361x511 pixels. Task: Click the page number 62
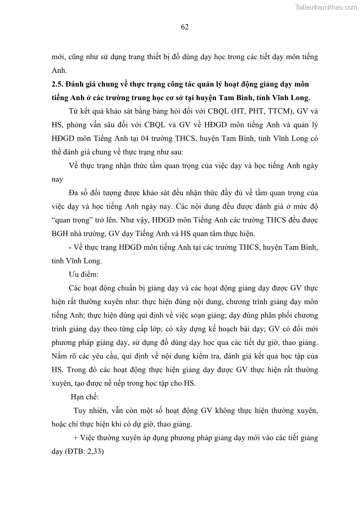(x=185, y=27)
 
